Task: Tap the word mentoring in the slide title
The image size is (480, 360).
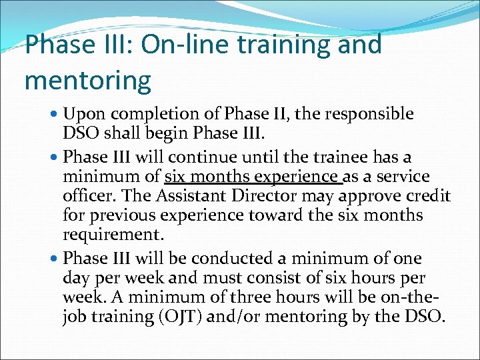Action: tap(87, 80)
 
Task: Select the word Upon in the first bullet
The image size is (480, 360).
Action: tap(81, 115)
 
